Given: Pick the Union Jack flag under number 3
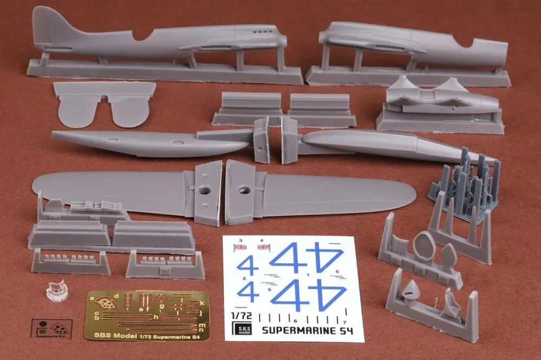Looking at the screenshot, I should point(240,248).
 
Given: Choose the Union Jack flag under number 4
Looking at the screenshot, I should point(263,248).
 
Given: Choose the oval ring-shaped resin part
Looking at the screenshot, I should point(424,246).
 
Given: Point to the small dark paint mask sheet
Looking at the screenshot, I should point(51,326).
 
